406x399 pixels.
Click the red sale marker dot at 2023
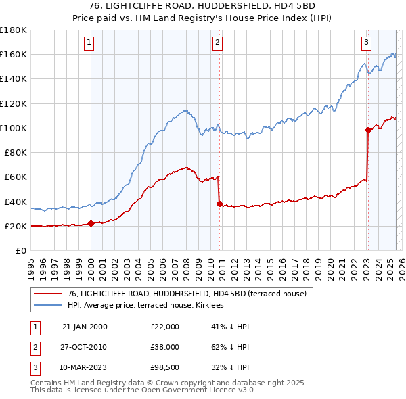(x=368, y=130)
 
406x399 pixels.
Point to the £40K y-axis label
(x=16, y=202)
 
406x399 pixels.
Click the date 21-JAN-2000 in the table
(x=85, y=327)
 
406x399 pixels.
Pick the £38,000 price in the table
(x=164, y=348)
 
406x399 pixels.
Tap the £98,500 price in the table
(x=164, y=369)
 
